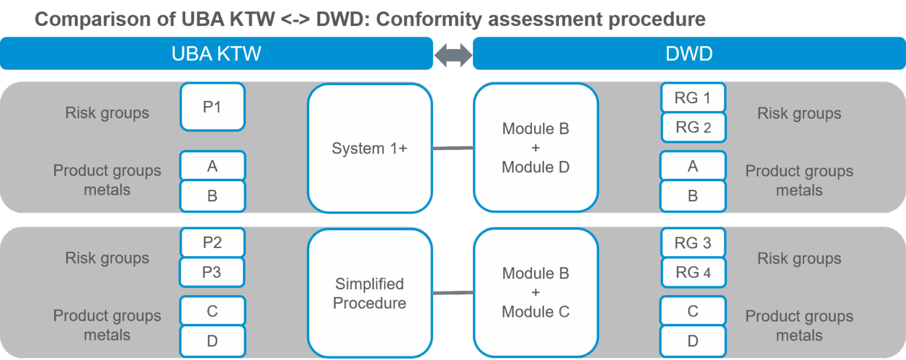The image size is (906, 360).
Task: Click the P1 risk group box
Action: tap(212, 107)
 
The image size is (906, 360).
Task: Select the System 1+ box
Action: tap(370, 148)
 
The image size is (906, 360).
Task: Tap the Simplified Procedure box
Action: tap(370, 293)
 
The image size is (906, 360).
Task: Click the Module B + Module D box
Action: tap(536, 148)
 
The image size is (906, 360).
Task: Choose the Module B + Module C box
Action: tap(536, 293)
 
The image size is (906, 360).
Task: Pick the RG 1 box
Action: tap(693, 98)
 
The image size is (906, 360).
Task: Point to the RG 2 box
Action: tap(693, 127)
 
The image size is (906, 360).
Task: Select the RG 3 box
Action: tap(693, 243)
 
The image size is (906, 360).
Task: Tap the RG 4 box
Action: tap(693, 273)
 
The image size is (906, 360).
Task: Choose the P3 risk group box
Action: tap(212, 273)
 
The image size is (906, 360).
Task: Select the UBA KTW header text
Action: tap(216, 54)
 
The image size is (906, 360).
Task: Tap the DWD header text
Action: tap(689, 54)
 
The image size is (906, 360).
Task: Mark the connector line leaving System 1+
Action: tap(453, 148)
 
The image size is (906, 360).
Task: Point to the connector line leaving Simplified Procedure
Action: tap(453, 293)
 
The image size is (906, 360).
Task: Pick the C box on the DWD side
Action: tap(693, 311)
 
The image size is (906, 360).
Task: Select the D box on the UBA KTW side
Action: tap(212, 341)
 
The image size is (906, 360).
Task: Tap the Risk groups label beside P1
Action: tap(107, 113)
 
